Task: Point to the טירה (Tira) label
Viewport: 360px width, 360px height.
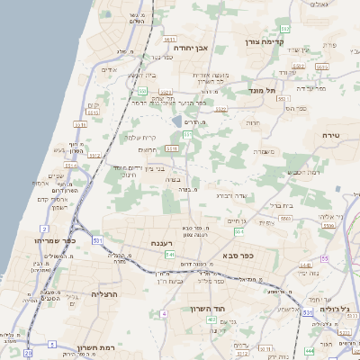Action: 332,134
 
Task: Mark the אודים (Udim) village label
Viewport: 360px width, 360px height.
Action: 109,69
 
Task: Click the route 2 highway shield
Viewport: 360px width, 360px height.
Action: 44,229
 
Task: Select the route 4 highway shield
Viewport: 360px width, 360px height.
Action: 164,313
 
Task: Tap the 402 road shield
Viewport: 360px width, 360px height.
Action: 211,319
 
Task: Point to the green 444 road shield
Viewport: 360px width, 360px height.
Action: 310,350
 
